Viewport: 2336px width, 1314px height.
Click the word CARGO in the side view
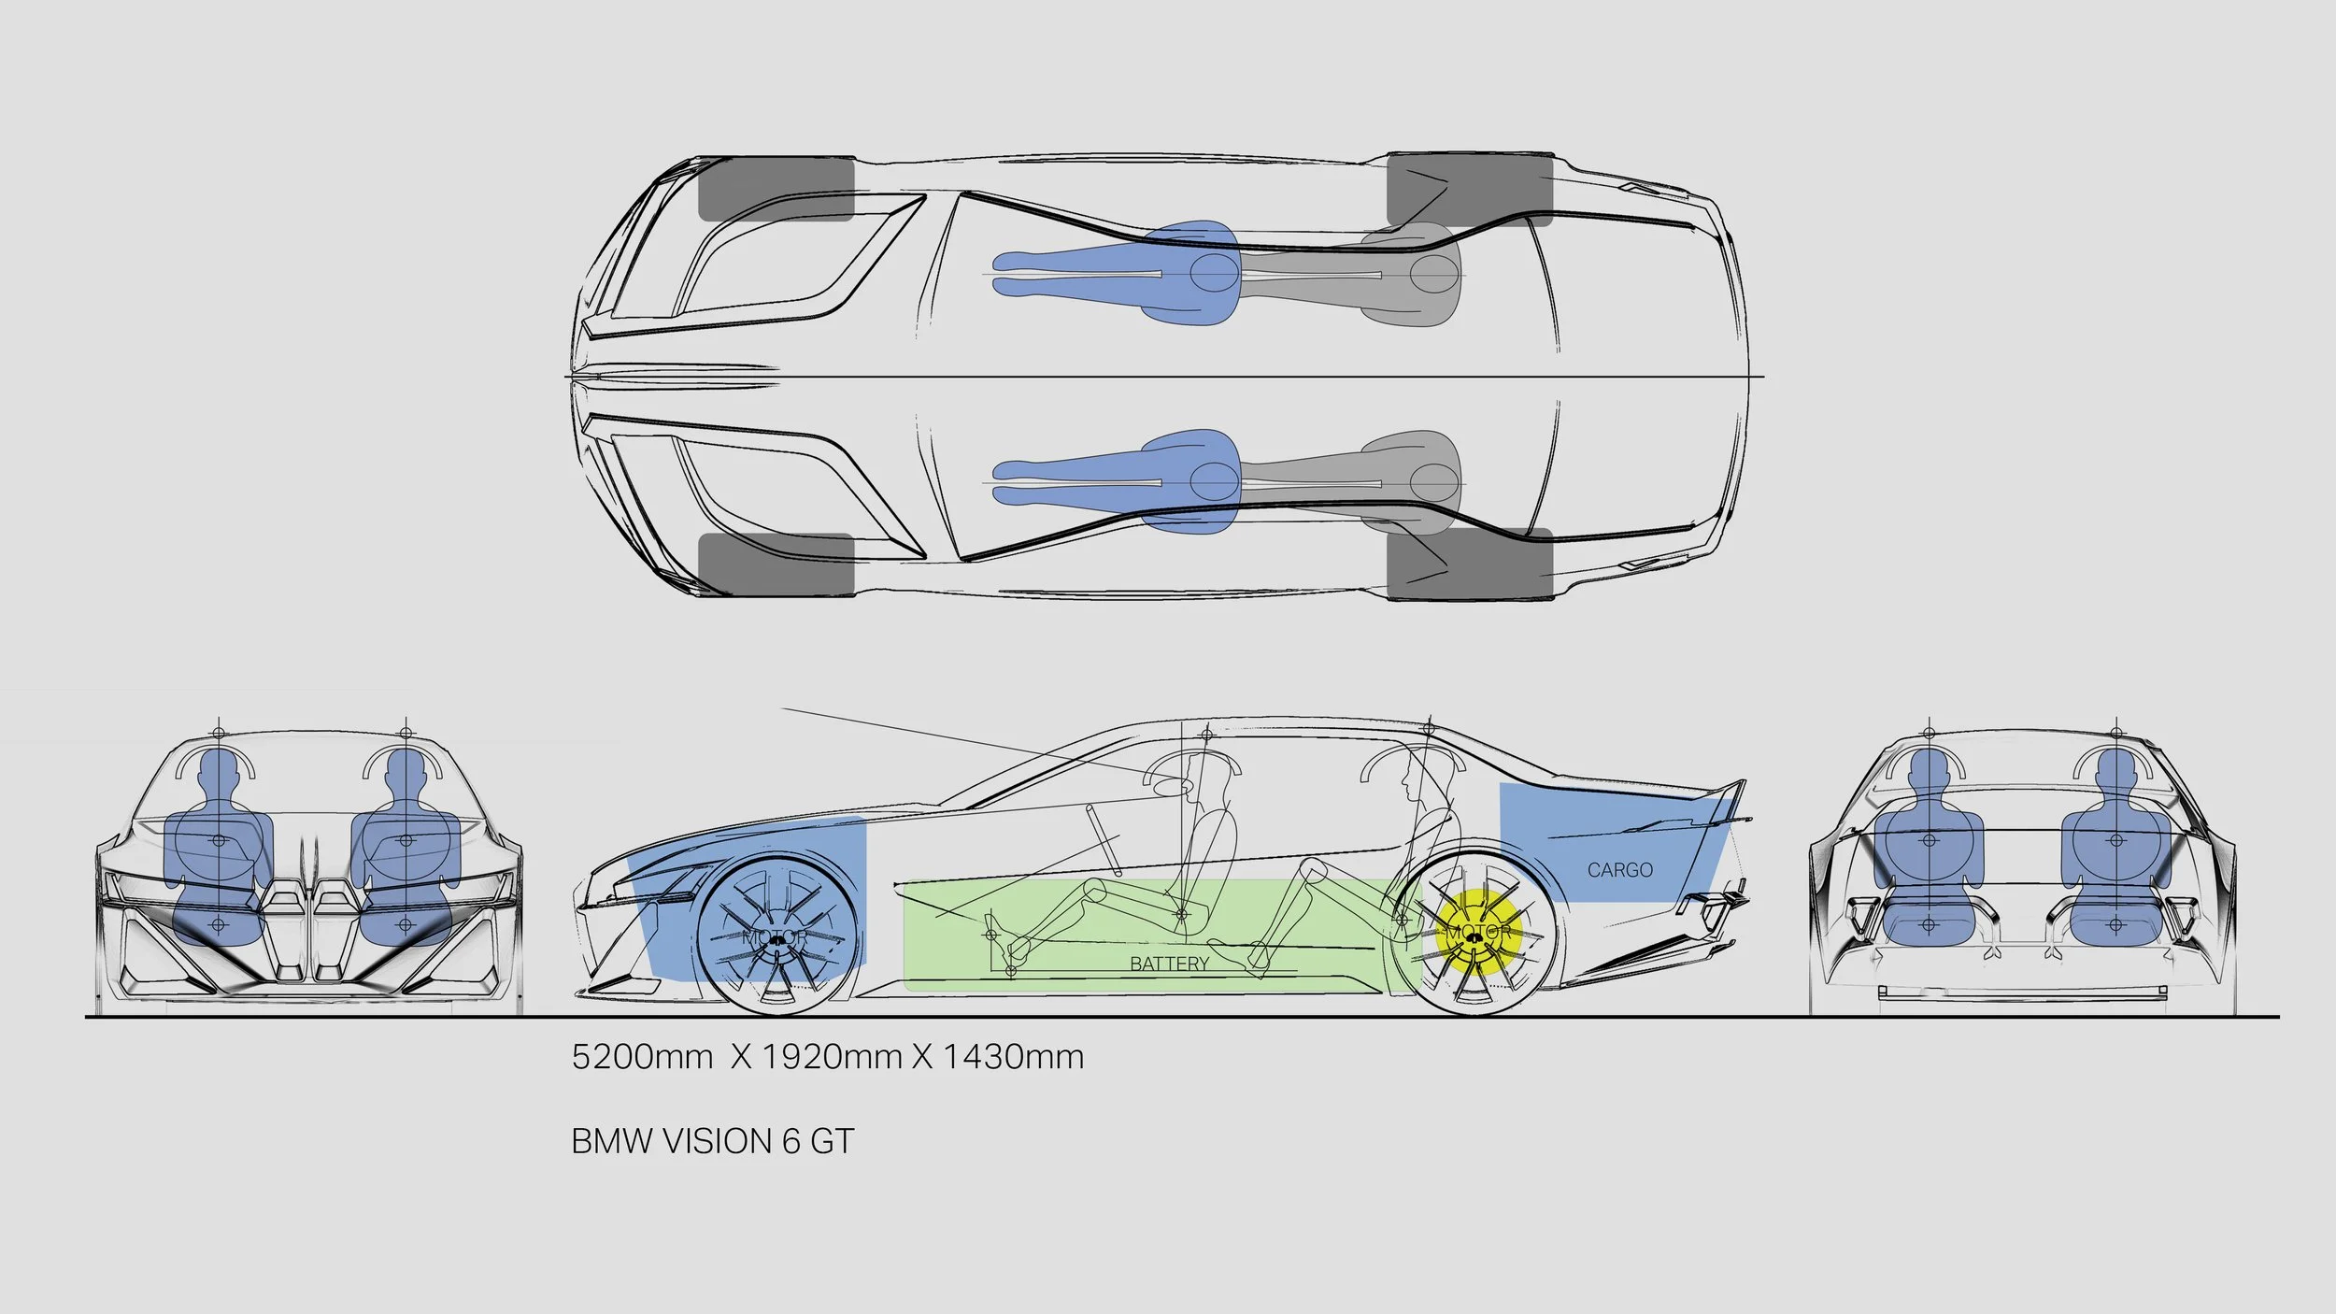[1619, 870]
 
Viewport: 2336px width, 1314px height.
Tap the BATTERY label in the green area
[1169, 964]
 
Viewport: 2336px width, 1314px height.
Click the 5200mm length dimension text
[642, 1057]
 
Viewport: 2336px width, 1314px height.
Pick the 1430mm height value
[1013, 1057]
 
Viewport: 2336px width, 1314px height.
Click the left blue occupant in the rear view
[1929, 860]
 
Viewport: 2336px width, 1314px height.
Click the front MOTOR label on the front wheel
[775, 936]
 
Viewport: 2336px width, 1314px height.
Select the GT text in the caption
[832, 1141]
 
